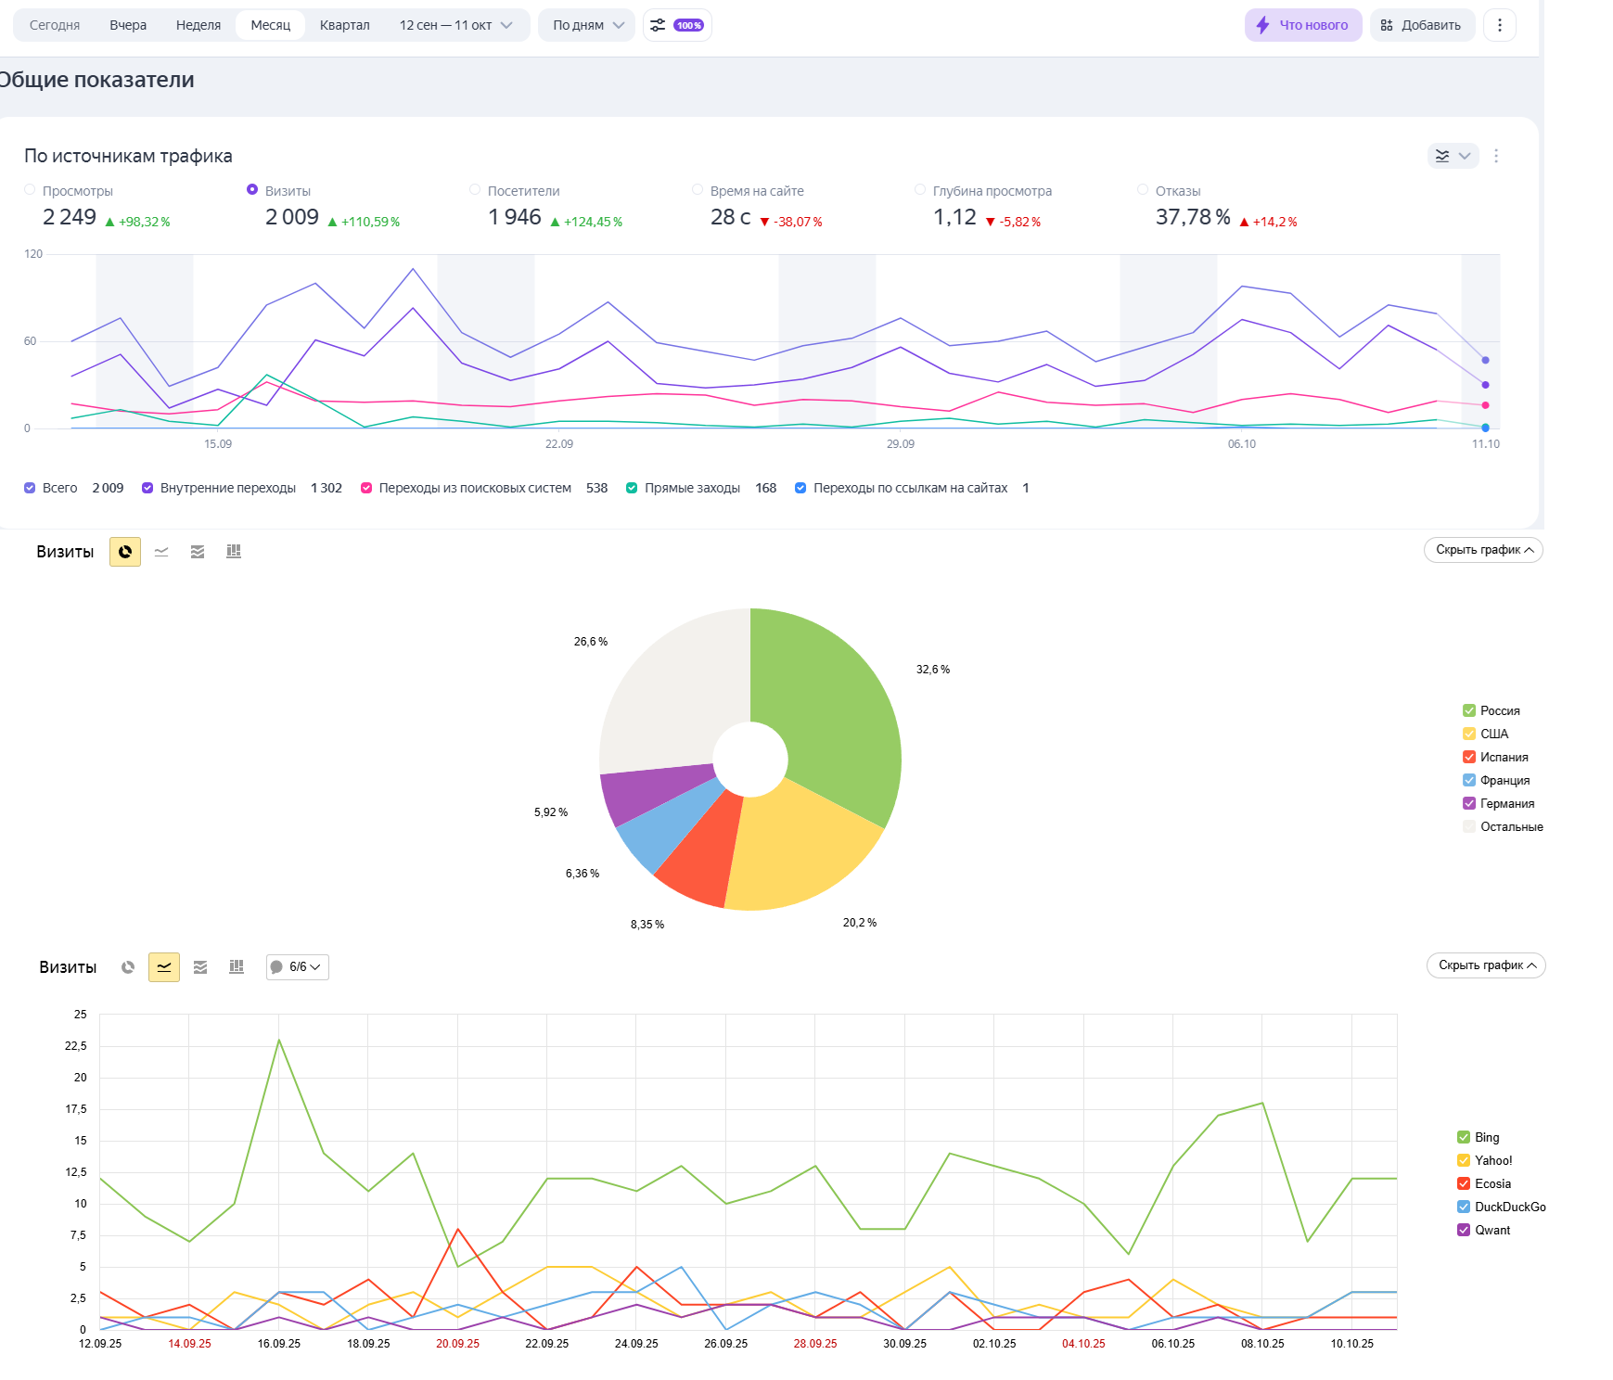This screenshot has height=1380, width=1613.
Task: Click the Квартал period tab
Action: pos(344,25)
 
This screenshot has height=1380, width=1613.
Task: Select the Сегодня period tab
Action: pos(55,25)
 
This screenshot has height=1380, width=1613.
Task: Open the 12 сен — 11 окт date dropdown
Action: pos(455,25)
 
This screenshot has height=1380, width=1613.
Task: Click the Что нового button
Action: pos(1302,25)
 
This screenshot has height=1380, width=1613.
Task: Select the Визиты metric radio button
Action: pos(252,190)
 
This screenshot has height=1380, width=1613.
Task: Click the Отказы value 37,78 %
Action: pos(1192,217)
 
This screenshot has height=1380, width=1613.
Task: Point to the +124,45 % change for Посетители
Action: pos(592,223)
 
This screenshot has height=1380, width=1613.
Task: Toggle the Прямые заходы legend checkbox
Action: pos(632,489)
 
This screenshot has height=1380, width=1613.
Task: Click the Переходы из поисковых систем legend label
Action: pos(475,489)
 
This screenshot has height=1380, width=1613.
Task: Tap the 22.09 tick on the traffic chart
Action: pos(559,444)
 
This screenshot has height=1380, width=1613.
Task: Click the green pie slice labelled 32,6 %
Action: pos(835,714)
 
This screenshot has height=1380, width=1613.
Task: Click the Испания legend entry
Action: pos(1504,758)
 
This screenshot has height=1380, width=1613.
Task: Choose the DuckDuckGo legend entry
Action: pos(1509,1207)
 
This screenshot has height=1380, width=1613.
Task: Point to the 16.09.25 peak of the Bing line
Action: pos(279,1040)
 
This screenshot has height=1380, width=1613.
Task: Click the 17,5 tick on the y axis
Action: pos(76,1109)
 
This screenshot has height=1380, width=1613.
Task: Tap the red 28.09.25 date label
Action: pos(815,1344)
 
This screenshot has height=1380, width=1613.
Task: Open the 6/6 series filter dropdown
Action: pos(298,967)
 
